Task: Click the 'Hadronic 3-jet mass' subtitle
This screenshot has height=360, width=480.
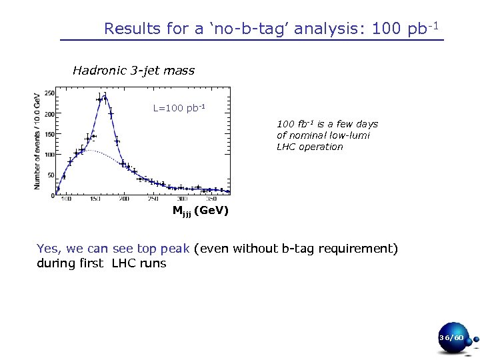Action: click(133, 70)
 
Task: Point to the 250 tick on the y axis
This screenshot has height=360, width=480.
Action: click(49, 93)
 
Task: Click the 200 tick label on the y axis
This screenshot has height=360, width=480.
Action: click(49, 114)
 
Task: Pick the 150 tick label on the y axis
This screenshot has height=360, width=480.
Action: click(49, 135)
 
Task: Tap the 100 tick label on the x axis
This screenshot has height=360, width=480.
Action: click(66, 199)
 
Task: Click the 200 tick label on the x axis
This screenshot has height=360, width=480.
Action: click(125, 199)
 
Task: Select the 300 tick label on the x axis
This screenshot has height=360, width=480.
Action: click(182, 199)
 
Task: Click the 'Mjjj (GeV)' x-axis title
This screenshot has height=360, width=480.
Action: click(200, 211)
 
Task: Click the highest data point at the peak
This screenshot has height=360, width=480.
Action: click(105, 97)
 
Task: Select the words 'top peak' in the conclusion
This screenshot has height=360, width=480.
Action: click(165, 249)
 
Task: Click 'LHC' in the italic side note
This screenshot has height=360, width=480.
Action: click(288, 147)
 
